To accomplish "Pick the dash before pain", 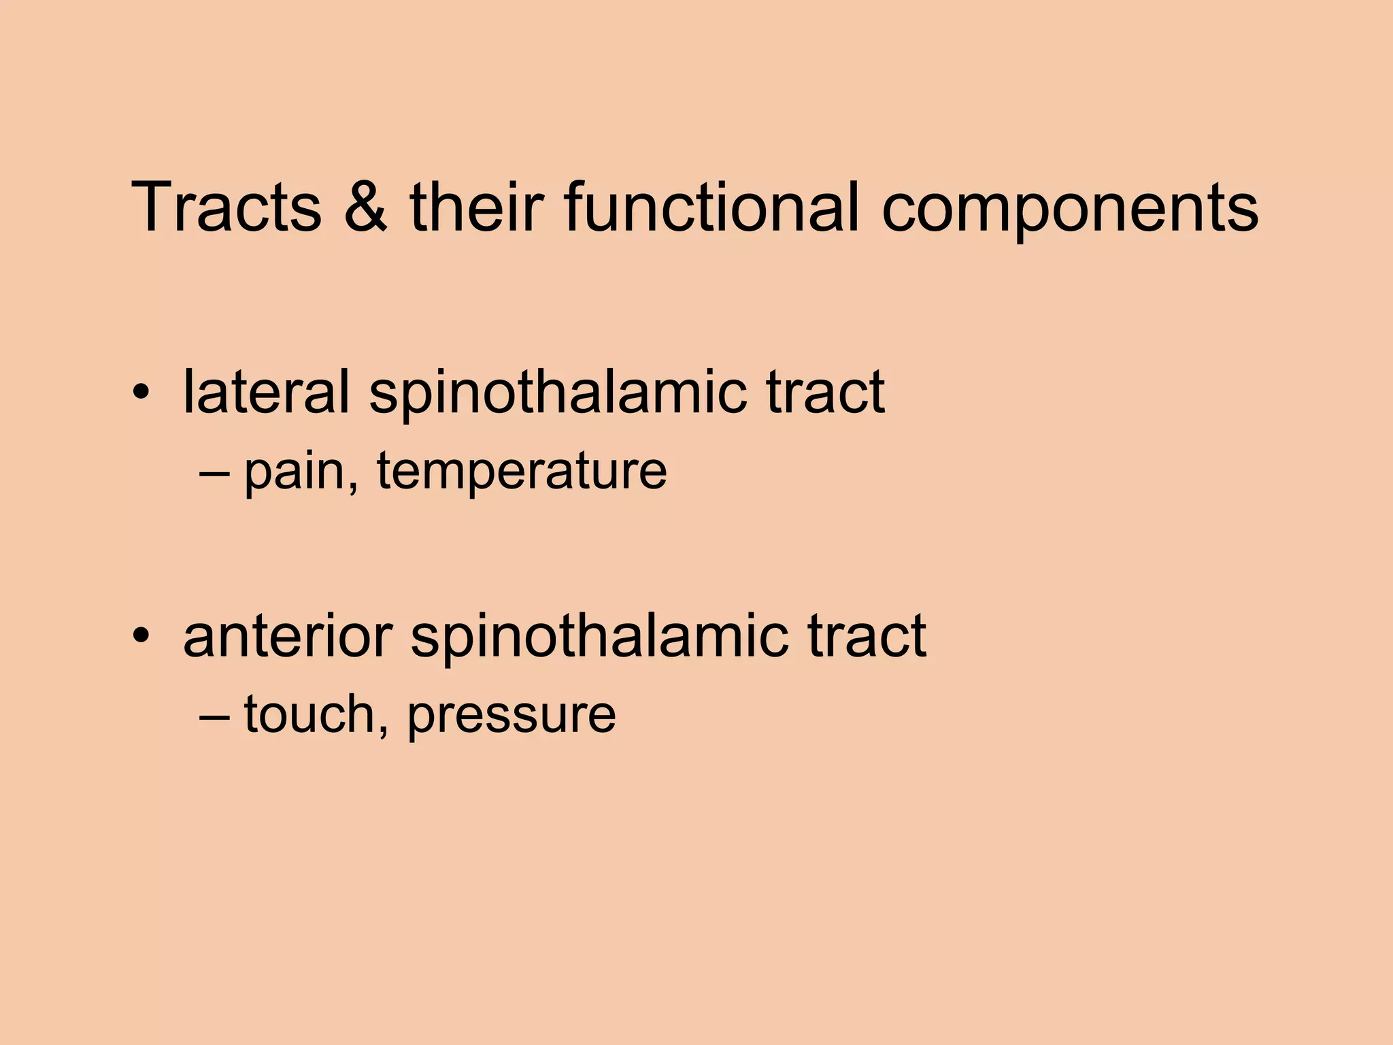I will (215, 471).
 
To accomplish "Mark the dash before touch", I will (215, 715).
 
